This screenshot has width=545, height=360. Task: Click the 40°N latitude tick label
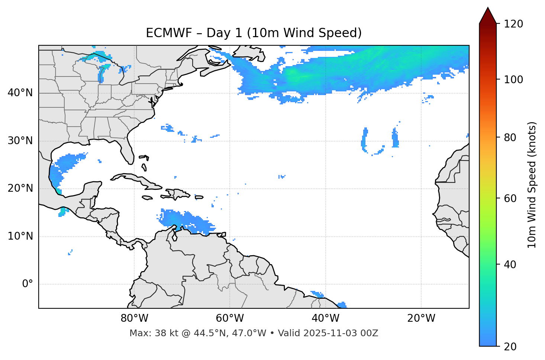tap(20, 93)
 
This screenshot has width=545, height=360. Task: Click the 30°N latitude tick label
tap(20, 141)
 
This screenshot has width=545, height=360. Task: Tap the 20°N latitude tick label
tap(20, 188)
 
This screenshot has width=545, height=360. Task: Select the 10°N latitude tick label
tap(20, 236)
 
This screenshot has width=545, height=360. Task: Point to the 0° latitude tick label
tap(27, 284)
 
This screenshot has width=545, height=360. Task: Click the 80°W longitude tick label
tap(134, 318)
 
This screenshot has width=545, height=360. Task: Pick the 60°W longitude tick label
tap(230, 318)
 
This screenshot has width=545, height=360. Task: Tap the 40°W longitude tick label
tap(325, 318)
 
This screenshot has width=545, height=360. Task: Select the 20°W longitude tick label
tap(421, 318)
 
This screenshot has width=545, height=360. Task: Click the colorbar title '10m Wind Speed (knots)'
tap(532, 185)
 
